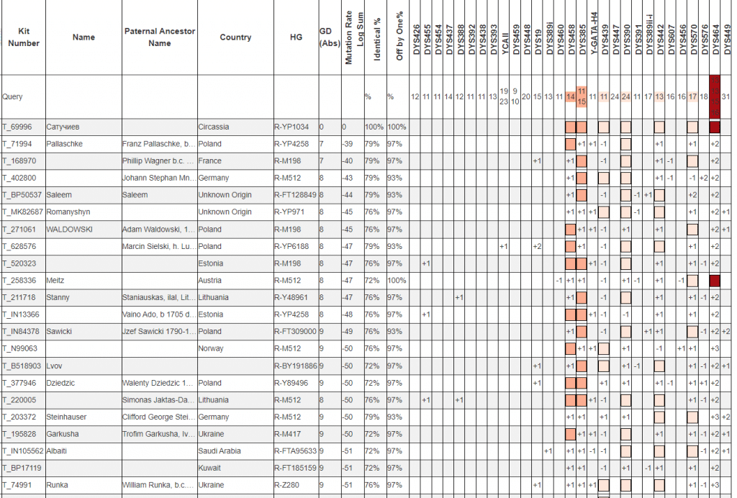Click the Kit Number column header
pyautogui.click(x=23, y=37)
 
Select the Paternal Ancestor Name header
pyautogui.click(x=159, y=37)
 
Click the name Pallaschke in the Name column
pyautogui.click(x=64, y=144)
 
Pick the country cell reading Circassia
pyautogui.click(x=214, y=127)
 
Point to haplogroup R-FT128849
pyautogui.click(x=295, y=195)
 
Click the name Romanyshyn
pyautogui.click(x=69, y=212)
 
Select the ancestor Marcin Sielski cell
pyautogui.click(x=158, y=246)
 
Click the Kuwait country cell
pyautogui.click(x=211, y=468)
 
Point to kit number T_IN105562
pyautogui.click(x=23, y=451)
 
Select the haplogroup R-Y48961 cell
pyautogui.click(x=291, y=297)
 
